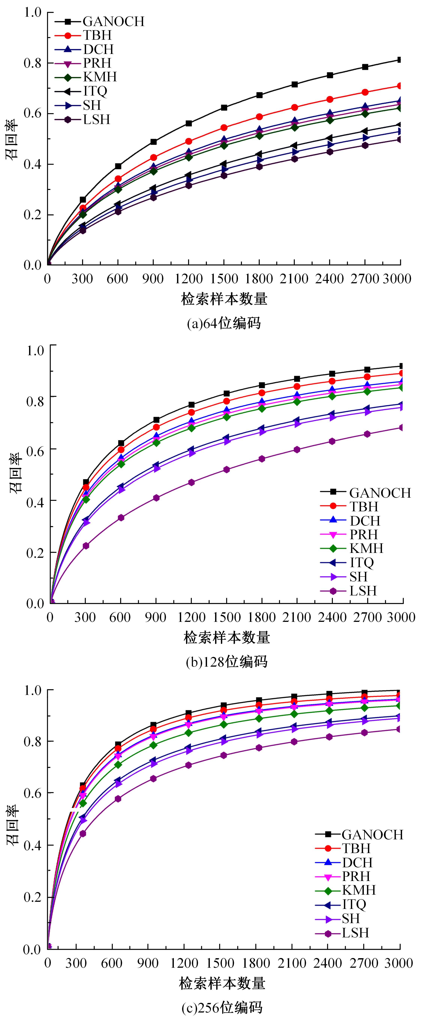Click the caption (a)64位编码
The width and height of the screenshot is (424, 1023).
point(224,323)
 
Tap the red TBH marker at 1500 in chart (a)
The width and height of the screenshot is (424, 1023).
point(224,127)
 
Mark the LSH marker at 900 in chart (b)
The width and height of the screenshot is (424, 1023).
point(156,498)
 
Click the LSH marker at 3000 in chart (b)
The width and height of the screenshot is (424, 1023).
point(401,427)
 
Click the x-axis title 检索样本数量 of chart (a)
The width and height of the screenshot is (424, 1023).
point(224,299)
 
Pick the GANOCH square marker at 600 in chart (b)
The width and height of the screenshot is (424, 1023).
point(121,443)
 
